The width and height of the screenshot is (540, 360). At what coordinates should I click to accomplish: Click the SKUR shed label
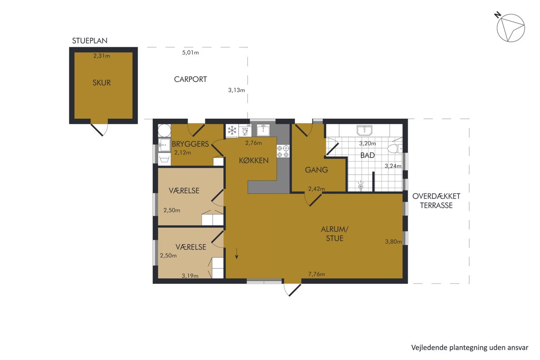click(102, 83)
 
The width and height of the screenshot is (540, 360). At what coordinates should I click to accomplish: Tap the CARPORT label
click(190, 79)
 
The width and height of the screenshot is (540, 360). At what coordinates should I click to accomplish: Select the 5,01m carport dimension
click(190, 53)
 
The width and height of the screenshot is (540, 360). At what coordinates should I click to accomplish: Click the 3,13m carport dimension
click(237, 90)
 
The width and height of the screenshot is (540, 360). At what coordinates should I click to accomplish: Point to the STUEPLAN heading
click(90, 40)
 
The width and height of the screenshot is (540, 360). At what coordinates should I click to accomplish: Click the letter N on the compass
click(498, 15)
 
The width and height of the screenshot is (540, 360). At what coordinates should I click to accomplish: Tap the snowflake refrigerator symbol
click(232, 130)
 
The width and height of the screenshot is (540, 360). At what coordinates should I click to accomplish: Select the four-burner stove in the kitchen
click(283, 151)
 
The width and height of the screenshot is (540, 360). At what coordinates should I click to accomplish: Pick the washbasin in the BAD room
click(364, 130)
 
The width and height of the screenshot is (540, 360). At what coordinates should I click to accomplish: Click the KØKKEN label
click(254, 161)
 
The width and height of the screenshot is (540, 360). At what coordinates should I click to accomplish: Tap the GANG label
click(316, 170)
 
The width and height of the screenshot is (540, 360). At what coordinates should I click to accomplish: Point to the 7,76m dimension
click(316, 274)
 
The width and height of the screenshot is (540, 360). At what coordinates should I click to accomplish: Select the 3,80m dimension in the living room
click(393, 242)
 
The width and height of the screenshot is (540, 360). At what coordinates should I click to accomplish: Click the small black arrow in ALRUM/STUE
click(237, 254)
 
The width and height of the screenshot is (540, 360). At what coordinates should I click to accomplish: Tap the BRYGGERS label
click(190, 144)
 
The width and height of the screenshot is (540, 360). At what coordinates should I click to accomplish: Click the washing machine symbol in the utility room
click(164, 159)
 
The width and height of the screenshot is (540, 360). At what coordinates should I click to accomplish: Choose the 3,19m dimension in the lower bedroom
click(190, 276)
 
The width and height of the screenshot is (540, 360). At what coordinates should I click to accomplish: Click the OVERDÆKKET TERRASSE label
click(436, 201)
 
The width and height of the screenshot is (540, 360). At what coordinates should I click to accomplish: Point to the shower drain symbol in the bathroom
click(360, 186)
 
